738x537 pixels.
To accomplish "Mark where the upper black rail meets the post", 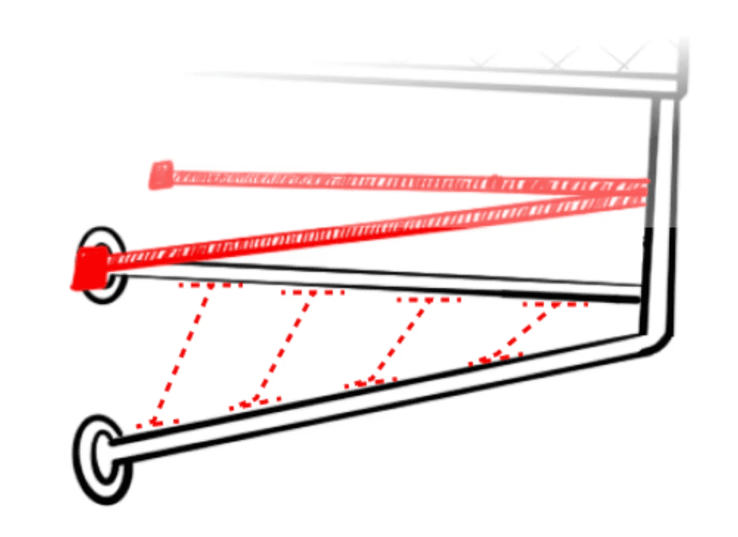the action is [641, 293].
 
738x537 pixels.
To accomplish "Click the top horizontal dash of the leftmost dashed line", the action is [210, 286].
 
